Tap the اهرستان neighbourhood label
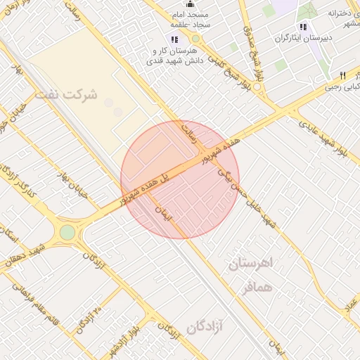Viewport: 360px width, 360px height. pyautogui.click(x=255, y=264)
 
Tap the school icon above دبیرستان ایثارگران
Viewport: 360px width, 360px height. pyautogui.click(x=303, y=27)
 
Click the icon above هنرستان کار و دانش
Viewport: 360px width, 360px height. pyautogui.click(x=174, y=39)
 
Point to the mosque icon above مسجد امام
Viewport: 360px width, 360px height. pyautogui.click(x=188, y=4)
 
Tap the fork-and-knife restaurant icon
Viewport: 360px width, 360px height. pyautogui.click(x=342, y=75)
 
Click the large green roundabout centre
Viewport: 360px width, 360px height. pyautogui.click(x=67, y=232)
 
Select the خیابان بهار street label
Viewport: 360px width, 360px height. pyautogui.click(x=72, y=185)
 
